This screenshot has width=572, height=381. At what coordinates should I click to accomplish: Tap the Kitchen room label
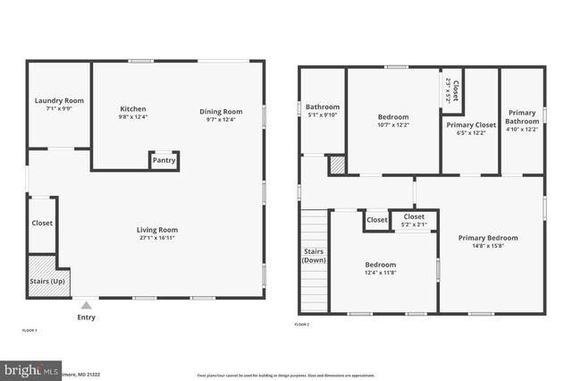pyautogui.click(x=132, y=109)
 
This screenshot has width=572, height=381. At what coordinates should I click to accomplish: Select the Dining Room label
pyautogui.click(x=220, y=111)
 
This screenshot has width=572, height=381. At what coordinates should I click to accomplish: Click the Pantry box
pyautogui.click(x=164, y=161)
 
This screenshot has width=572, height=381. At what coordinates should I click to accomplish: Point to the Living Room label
pyautogui.click(x=156, y=230)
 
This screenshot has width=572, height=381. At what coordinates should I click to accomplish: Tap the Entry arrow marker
pyautogui.click(x=86, y=304)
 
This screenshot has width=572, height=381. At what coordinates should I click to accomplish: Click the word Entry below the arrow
pyautogui.click(x=86, y=317)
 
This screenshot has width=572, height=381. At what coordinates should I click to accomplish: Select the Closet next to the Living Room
pyautogui.click(x=42, y=223)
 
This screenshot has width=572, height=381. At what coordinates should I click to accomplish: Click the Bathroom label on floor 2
pyautogui.click(x=323, y=106)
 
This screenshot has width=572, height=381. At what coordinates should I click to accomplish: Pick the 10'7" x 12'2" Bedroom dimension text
pyautogui.click(x=392, y=125)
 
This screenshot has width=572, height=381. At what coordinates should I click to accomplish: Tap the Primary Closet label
pyautogui.click(x=471, y=125)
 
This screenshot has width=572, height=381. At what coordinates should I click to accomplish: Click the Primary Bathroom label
pyautogui.click(x=522, y=117)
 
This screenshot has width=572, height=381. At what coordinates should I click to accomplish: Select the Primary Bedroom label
pyautogui.click(x=488, y=238)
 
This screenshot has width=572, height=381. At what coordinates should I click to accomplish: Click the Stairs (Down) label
pyautogui.click(x=314, y=256)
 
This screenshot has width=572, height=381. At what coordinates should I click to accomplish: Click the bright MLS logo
pyautogui.click(x=32, y=369)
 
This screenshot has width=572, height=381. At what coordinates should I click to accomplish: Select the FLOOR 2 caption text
pyautogui.click(x=303, y=324)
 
